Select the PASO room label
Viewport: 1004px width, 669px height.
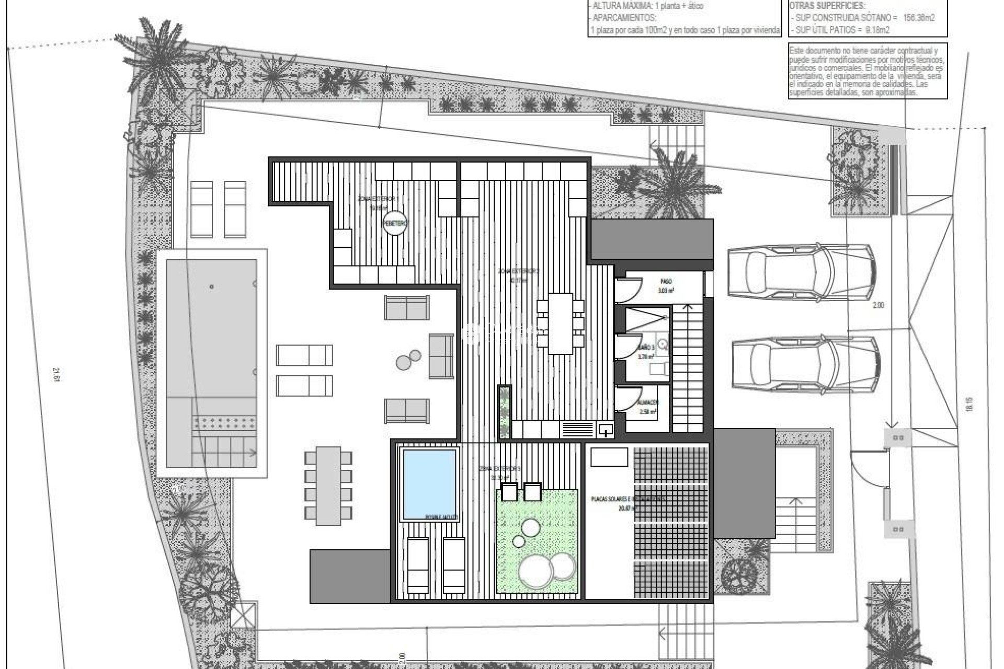click(x=666, y=281)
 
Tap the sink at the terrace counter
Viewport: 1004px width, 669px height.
click(x=606, y=430)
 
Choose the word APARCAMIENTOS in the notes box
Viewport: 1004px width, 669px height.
click(x=622, y=17)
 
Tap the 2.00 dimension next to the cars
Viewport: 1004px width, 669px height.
click(x=878, y=305)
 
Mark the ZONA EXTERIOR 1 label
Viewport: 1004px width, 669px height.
click(x=376, y=199)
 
